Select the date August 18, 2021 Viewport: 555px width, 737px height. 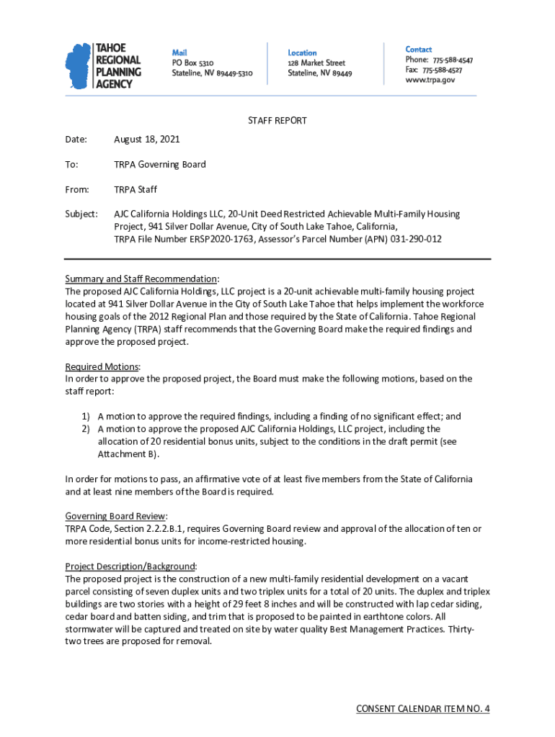click(x=147, y=139)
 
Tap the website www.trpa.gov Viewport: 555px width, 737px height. click(x=430, y=81)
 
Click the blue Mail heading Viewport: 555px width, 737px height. click(x=180, y=53)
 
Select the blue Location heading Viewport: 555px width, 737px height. click(x=302, y=53)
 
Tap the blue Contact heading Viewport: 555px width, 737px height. click(x=419, y=49)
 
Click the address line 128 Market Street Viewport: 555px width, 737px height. click(x=316, y=63)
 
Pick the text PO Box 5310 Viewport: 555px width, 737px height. click(x=192, y=63)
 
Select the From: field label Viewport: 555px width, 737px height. click(x=77, y=189)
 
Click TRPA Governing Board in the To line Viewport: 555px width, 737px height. click(x=160, y=164)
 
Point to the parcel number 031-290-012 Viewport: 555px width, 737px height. click(x=416, y=239)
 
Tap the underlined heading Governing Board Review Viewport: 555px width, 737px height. click(x=116, y=516)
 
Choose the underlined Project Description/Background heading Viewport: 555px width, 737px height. click(x=130, y=566)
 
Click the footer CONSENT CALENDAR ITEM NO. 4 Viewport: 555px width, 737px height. click(x=423, y=709)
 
